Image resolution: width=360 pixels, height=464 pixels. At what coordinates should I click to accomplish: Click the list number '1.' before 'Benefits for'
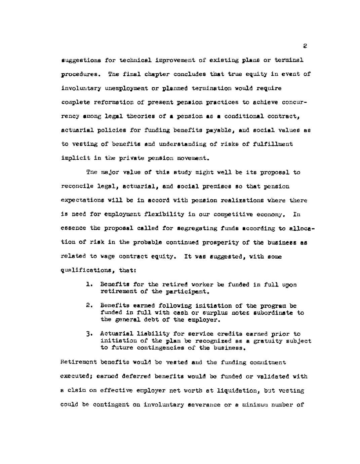tap(89, 285)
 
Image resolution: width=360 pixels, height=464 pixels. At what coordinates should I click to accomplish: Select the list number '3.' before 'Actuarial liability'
tap(89, 334)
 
